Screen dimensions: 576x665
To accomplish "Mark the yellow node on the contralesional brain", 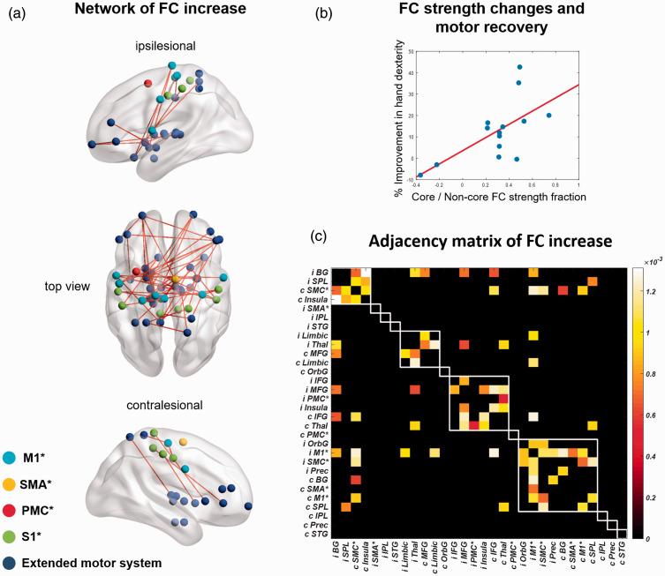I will pyautogui.click(x=183, y=439).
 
